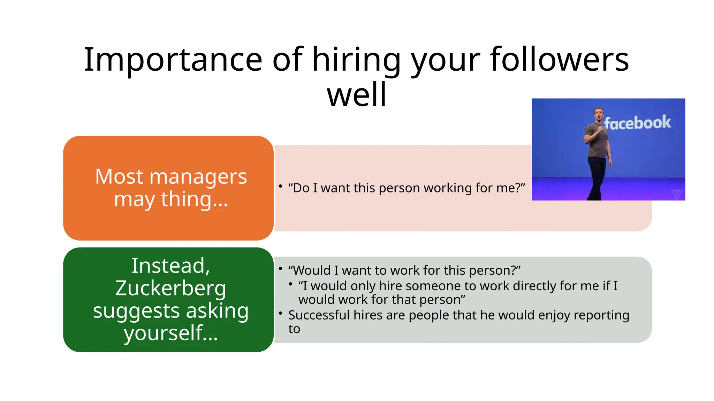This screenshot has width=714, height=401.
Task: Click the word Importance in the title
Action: [173, 60]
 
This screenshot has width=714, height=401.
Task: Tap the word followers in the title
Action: [559, 60]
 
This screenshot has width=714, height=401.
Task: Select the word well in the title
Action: [357, 95]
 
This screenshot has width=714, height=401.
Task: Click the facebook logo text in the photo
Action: [637, 123]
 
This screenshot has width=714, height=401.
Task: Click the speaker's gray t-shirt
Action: [598, 141]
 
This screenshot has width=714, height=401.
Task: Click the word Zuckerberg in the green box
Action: [171, 288]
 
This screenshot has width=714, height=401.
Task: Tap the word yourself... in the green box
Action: [171, 333]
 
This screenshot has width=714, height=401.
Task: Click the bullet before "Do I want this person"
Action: [280, 186]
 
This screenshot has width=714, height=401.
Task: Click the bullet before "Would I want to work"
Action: [280, 268]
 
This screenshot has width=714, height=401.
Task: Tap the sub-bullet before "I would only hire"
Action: [290, 284]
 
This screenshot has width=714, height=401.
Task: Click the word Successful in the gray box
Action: [319, 315]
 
